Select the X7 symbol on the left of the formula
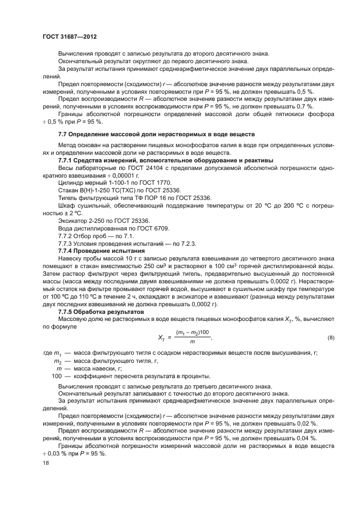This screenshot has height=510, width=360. [162, 338]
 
